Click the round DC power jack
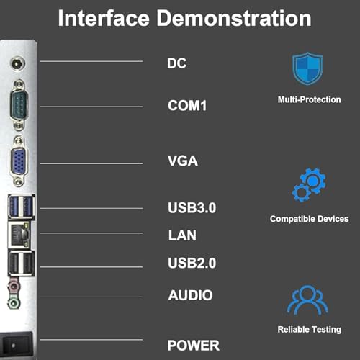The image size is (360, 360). pos(17,64)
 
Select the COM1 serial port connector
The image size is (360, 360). pos(19,104)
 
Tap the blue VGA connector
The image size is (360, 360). pos(19,161)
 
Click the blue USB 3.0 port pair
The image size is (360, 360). pos(22,207)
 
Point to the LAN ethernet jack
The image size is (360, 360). pos(19,235)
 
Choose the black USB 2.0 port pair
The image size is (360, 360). pos(22,264)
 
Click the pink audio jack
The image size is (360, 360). pos(14,286)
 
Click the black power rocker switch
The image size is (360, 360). pos(16,345)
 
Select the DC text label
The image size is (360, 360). pos(176,63)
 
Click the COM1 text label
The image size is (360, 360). pos(187,106)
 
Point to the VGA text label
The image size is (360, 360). pos(183,161)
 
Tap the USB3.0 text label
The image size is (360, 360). pos(192,208)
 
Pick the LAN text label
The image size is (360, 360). pos(182,235)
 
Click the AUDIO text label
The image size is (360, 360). pos(191,295)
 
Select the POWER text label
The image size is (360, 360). pos(194,346)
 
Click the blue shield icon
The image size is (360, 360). pos(307,68)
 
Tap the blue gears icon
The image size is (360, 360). pos(309,185)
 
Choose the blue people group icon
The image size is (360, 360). pos(307,300)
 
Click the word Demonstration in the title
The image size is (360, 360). pos(234,19)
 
